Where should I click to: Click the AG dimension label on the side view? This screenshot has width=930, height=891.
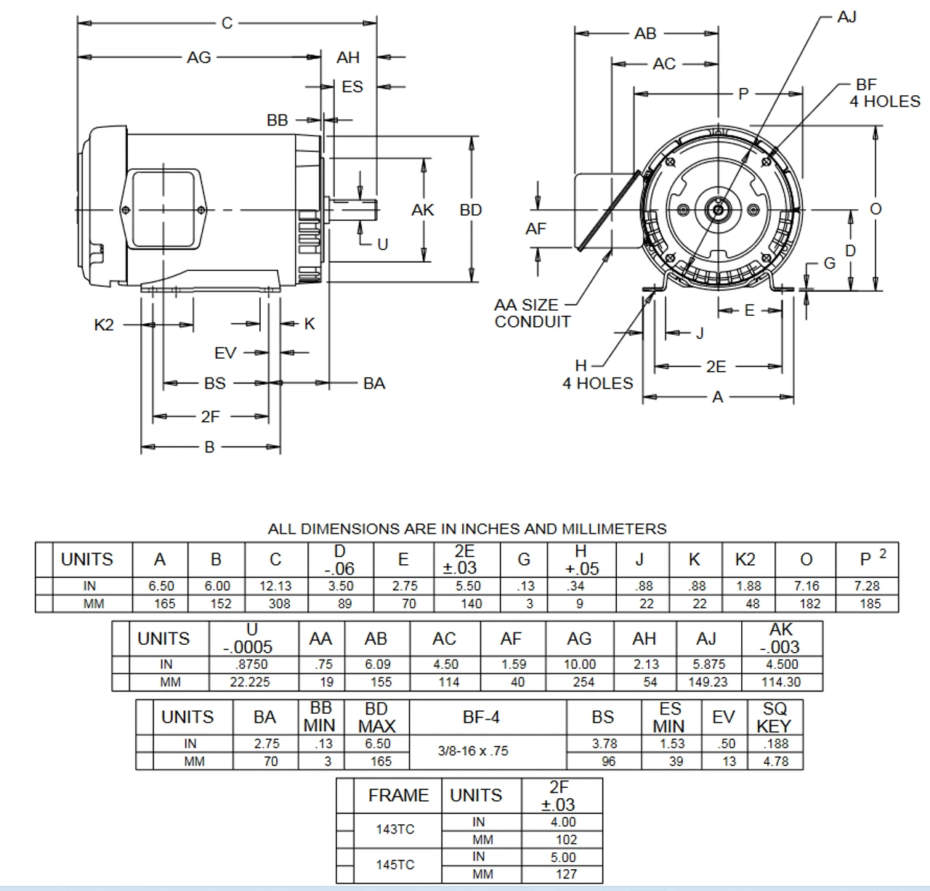point(198,57)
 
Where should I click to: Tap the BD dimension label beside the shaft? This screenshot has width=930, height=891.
point(471,210)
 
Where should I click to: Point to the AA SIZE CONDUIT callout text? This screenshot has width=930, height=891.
point(532,313)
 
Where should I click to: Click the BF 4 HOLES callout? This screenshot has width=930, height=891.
point(884,94)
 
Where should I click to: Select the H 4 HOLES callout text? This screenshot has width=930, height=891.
point(597,375)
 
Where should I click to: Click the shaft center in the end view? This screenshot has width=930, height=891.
point(719,210)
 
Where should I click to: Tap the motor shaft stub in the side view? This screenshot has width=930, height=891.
point(356,210)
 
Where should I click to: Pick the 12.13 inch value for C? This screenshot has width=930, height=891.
point(275,586)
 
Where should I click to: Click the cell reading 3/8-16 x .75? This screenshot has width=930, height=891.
point(473,752)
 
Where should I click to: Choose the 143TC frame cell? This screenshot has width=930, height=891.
point(395,829)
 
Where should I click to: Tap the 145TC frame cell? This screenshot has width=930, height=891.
point(395,864)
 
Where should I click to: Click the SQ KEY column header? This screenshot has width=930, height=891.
point(774,717)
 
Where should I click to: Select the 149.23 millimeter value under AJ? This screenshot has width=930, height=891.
point(707,682)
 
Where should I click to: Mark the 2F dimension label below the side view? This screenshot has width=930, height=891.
point(210,417)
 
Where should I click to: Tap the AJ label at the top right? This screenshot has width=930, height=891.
point(846,17)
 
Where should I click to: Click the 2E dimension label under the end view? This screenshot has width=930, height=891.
point(716,367)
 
